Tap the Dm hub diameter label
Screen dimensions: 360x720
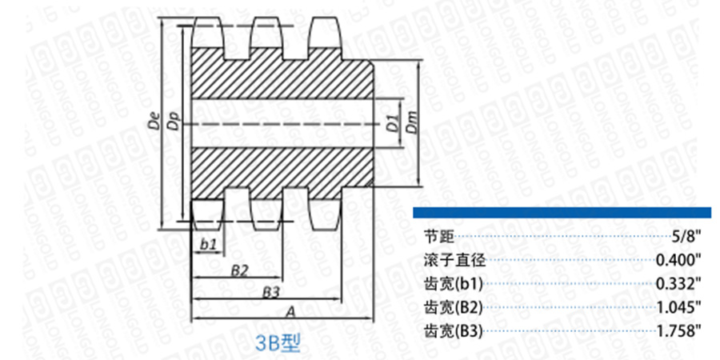tap(411, 122)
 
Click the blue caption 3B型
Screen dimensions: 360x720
tap(277, 343)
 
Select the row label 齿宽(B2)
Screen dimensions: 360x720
tap(452, 306)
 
